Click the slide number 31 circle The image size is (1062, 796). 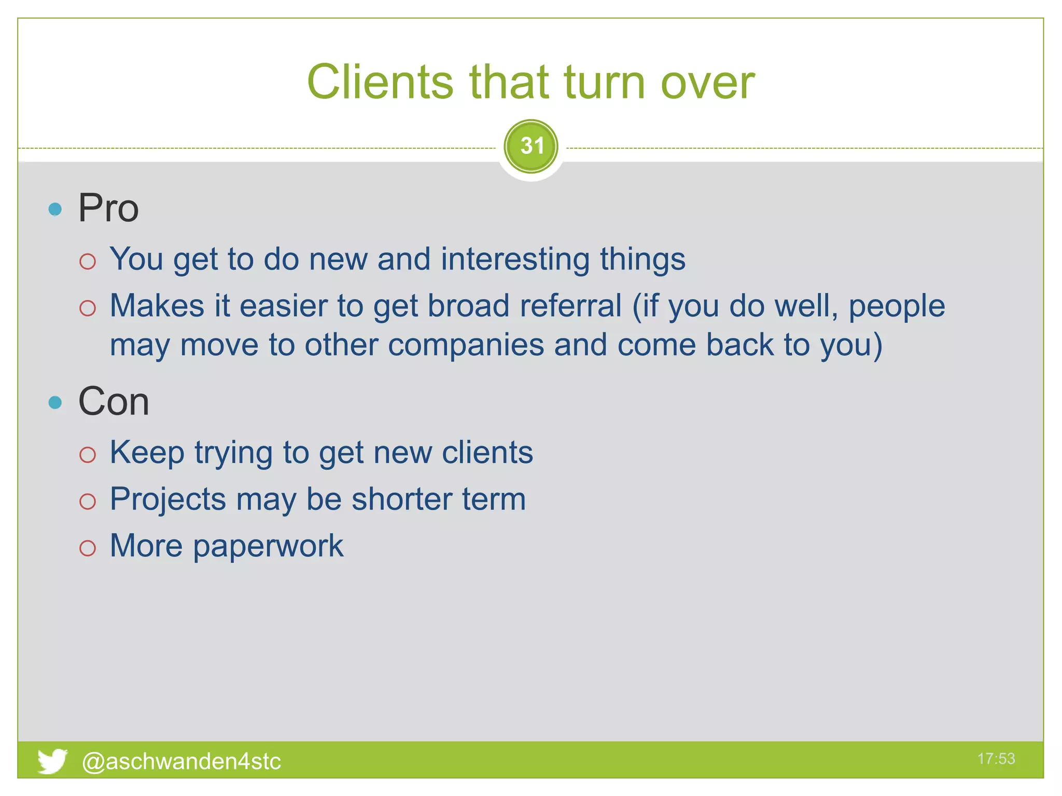pos(531,147)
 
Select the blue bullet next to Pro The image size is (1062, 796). pos(55,209)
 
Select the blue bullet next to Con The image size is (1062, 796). pos(55,403)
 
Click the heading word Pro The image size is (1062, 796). pos(108,208)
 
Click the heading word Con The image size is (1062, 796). pos(114,402)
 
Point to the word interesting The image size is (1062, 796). pos(515,259)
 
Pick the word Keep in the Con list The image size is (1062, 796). pos(147,452)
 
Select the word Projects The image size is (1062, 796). pos(167,500)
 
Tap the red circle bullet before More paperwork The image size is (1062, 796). pos(88,548)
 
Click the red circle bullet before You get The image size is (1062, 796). pos(88,261)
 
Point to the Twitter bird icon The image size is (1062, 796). pos(52,761)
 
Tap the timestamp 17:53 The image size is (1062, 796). pos(996,759)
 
